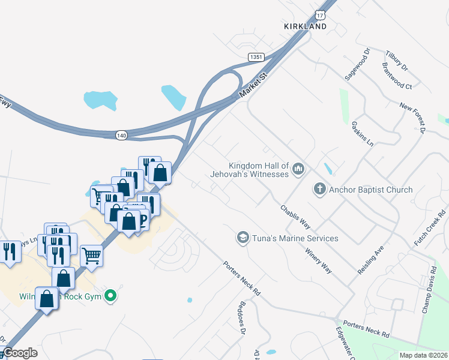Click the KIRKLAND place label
click(306, 26)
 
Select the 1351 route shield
click(256, 56)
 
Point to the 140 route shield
click(122, 136)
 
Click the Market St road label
click(252, 85)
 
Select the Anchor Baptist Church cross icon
click(320, 190)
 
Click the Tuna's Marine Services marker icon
click(243, 238)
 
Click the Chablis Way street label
click(295, 217)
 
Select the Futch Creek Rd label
click(431, 228)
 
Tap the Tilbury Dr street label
click(397, 59)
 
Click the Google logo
click(20, 353)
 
